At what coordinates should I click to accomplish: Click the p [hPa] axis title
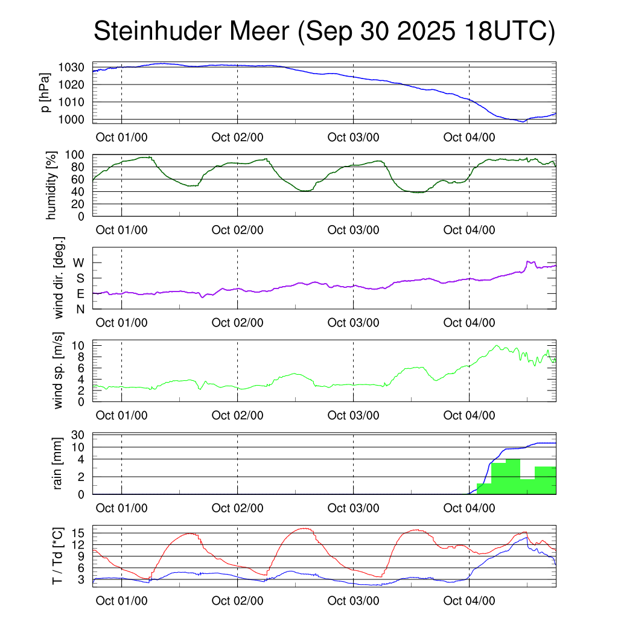click(x=46, y=93)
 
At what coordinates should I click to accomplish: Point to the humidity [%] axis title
click(x=51, y=185)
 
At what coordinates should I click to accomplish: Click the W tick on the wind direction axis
click(x=79, y=263)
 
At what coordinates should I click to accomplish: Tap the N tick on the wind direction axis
click(x=80, y=309)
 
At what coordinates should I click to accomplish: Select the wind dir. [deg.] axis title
click(x=59, y=278)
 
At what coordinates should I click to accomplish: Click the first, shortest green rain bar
click(x=484, y=489)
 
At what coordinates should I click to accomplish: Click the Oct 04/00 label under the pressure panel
click(x=469, y=137)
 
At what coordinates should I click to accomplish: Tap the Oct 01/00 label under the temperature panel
click(x=121, y=600)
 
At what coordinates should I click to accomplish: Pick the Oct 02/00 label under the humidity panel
click(x=237, y=230)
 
